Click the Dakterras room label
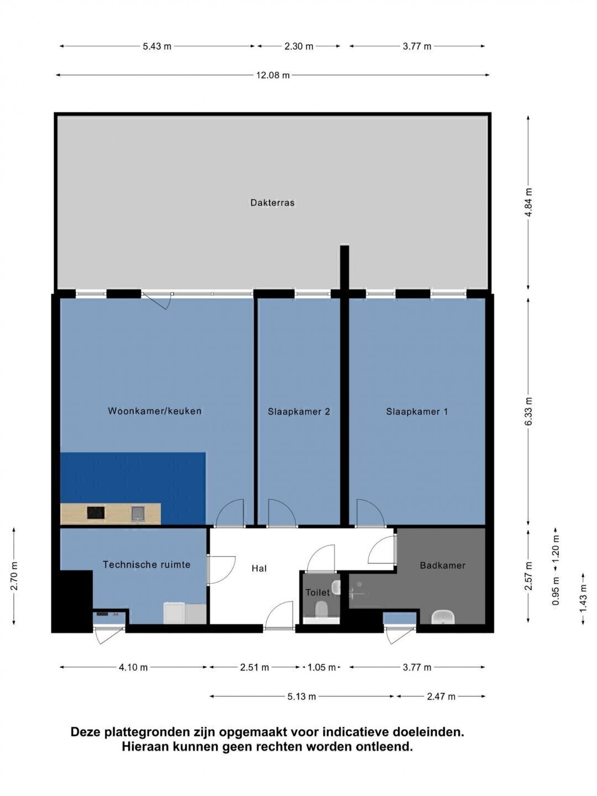pos(272,202)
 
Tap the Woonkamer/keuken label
pos(155,411)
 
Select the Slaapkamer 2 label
pos(298,412)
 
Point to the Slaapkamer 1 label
pos(417,412)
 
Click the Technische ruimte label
pos(146,564)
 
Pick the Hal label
pos(259,568)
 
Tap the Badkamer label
pos(443,565)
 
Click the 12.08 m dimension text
pos(273,75)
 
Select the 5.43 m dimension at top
pos(156,46)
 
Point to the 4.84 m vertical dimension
pos(528,202)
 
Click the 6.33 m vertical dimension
pos(528,411)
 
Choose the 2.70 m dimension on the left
pos(14,576)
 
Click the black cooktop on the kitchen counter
pos(96,512)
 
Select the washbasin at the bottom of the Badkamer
pos(443,617)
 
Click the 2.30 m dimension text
pos(298,46)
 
